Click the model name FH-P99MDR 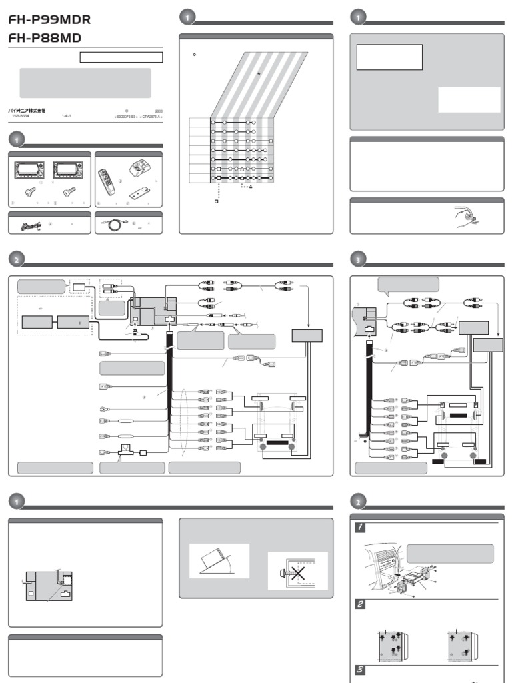pos(49,19)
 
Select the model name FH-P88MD pos(44,38)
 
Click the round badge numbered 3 pos(359,259)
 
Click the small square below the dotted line pos(215,200)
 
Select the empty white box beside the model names pos(121,57)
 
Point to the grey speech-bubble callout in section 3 pos(408,285)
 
